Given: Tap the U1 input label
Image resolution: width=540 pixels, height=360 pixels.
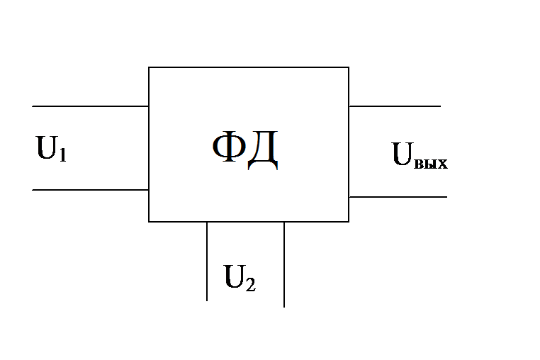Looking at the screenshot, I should [x=52, y=150].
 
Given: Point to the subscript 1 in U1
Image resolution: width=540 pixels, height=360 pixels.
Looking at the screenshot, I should [x=63, y=154].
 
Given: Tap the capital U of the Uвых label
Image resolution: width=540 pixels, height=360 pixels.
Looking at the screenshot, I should [x=403, y=154].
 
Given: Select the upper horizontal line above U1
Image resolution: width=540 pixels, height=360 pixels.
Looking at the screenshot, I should [x=90, y=106].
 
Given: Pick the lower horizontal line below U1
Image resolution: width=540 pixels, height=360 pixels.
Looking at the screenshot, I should [x=90, y=190].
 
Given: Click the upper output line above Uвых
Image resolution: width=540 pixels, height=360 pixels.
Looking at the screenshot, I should [x=395, y=106].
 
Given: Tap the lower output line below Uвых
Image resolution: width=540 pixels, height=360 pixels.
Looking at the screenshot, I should [x=398, y=197].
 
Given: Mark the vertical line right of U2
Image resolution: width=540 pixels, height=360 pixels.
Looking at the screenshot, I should [x=284, y=264].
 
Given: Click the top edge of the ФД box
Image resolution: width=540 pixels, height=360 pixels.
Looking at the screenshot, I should [x=248, y=67].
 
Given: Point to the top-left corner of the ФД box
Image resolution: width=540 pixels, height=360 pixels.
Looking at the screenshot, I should [x=149, y=67].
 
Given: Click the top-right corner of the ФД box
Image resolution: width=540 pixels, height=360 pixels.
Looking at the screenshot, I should [x=349, y=67].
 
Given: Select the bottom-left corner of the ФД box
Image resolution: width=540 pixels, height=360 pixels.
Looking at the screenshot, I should [x=149, y=222].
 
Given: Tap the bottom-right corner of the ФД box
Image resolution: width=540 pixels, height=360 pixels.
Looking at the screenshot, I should [x=349, y=222].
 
